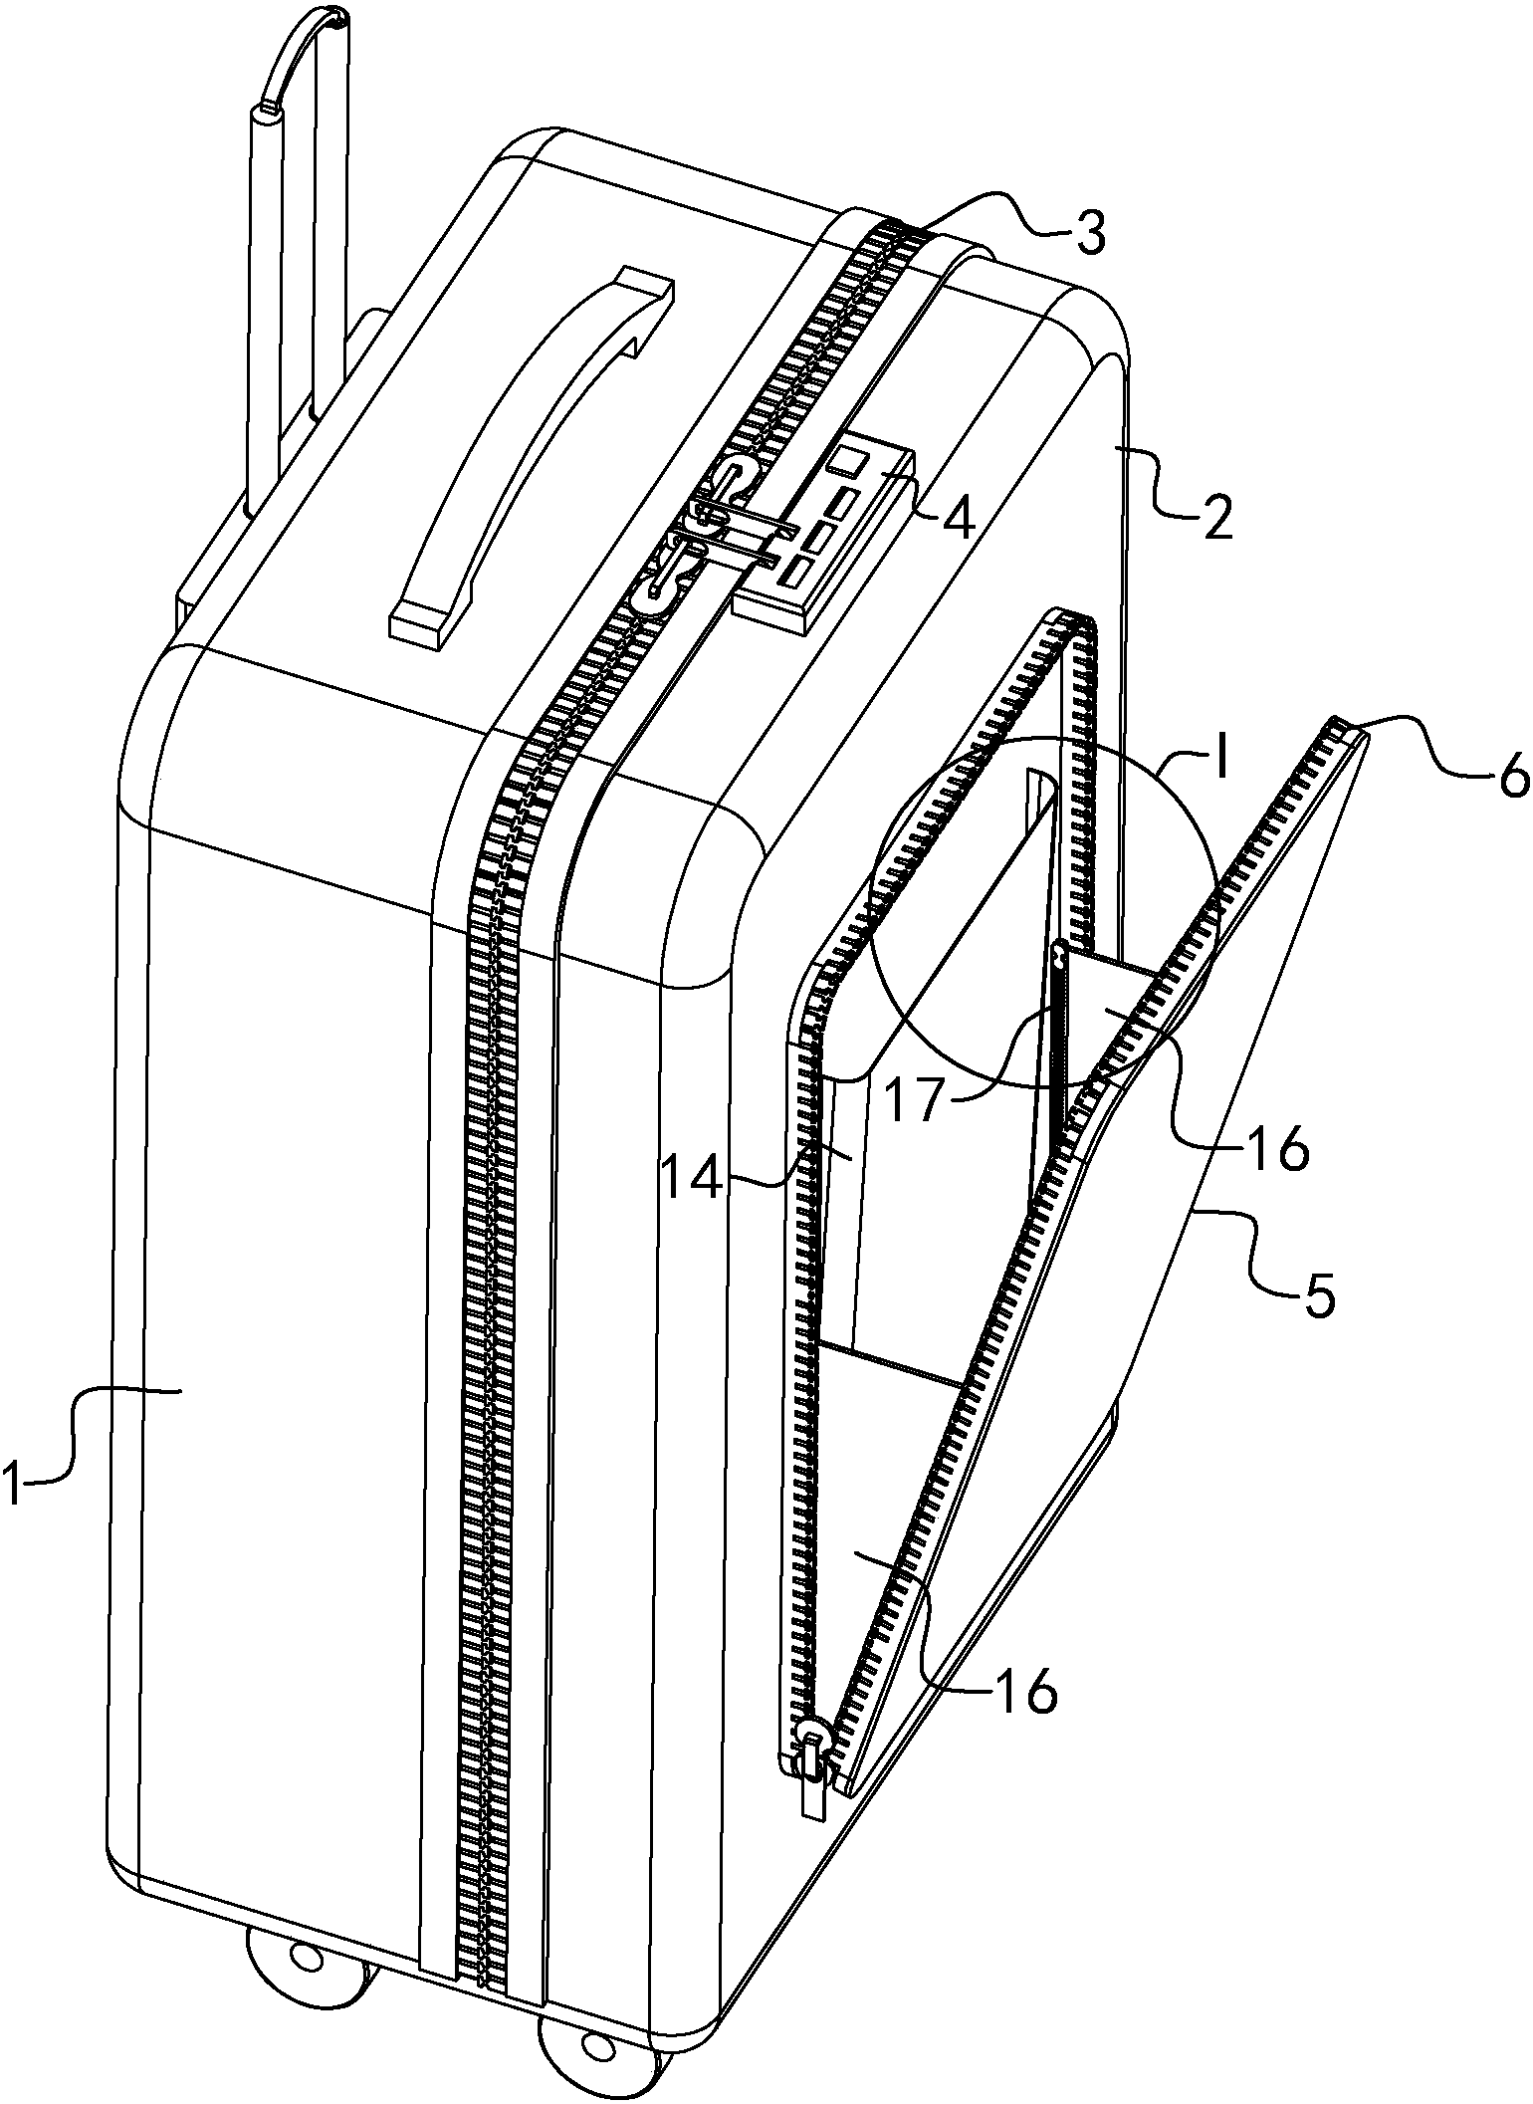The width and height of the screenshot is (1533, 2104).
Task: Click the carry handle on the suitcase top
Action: pos(528,453)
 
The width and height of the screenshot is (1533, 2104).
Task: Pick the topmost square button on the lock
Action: pos(847,462)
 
